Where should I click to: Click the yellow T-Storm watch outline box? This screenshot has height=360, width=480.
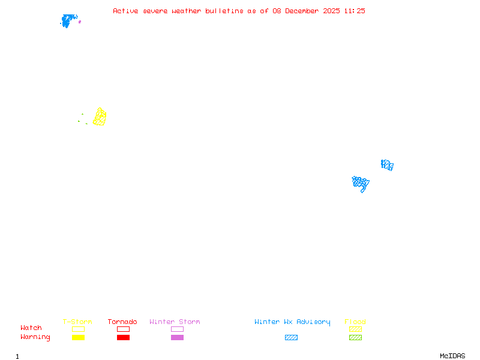pyautogui.click(x=78, y=329)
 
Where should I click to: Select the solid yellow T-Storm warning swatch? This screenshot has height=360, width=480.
pyautogui.click(x=78, y=338)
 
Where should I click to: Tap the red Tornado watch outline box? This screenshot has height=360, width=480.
pyautogui.click(x=123, y=329)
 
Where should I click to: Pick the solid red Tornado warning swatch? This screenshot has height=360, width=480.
pyautogui.click(x=123, y=338)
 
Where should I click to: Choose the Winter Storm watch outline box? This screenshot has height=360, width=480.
pyautogui.click(x=177, y=329)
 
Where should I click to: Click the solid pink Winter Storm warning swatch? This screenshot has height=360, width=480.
pyautogui.click(x=177, y=338)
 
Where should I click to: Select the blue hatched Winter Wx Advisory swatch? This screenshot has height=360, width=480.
pyautogui.click(x=291, y=338)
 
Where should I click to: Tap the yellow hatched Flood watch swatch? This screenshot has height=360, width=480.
pyautogui.click(x=355, y=329)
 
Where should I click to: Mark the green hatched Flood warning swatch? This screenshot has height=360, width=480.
pyautogui.click(x=355, y=338)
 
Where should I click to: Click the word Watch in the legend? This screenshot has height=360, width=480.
pyautogui.click(x=31, y=328)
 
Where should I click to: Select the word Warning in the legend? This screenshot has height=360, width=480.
pyautogui.click(x=35, y=337)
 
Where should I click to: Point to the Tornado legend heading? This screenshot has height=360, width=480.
pyautogui.click(x=122, y=322)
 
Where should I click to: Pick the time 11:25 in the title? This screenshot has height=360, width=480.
pyautogui.click(x=355, y=11)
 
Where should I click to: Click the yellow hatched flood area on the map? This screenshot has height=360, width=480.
pyautogui.click(x=100, y=117)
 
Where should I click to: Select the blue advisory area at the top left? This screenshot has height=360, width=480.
pyautogui.click(x=68, y=20)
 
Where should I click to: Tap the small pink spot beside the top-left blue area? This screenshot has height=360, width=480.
pyautogui.click(x=80, y=22)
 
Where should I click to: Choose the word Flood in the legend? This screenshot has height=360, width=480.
pyautogui.click(x=355, y=322)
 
